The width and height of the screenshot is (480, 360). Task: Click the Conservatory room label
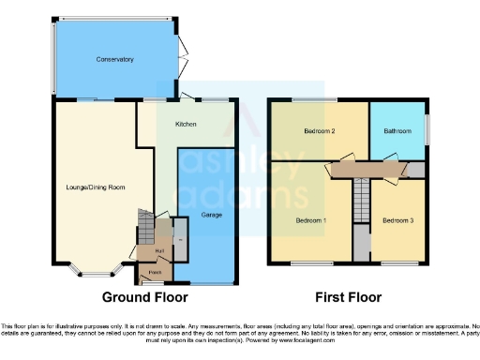114,59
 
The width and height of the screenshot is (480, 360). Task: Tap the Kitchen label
186,123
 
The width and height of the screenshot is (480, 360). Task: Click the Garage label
209,215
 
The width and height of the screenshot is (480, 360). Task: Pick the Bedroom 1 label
311,220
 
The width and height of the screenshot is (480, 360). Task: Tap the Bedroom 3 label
397,220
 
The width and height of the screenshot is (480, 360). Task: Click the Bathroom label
397,131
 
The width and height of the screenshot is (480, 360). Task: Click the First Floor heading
348,297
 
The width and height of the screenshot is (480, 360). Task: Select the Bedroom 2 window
315,99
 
